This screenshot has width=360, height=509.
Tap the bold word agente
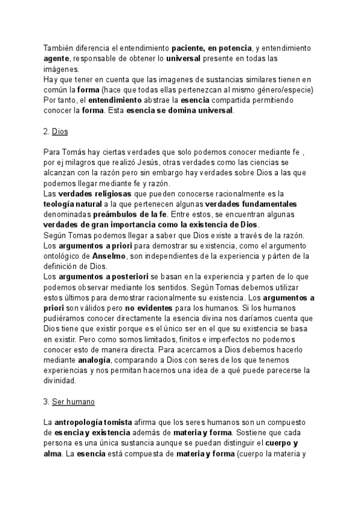click(56, 58)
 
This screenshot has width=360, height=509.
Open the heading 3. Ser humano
click(69, 401)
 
